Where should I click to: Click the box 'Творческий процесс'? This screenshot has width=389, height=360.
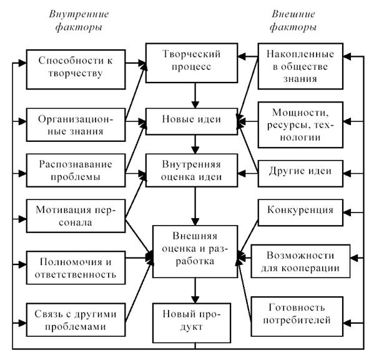(x=192, y=62)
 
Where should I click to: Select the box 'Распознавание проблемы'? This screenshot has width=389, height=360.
(x=74, y=171)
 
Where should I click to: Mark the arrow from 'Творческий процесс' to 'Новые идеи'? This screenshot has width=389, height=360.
(x=196, y=96)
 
